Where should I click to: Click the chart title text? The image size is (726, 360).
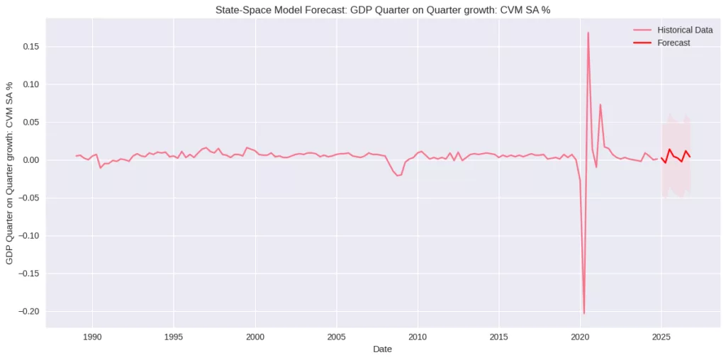pos(383,10)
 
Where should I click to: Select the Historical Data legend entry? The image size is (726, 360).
pos(684,30)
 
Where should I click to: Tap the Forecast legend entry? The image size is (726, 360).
pos(674,43)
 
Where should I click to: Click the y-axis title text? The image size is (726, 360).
pos(10,173)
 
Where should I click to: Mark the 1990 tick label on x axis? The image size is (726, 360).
pos(92,336)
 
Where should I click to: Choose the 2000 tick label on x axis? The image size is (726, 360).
pos(255,336)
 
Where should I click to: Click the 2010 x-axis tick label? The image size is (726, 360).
pos(418,336)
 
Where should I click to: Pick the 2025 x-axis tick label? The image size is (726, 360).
pos(661,336)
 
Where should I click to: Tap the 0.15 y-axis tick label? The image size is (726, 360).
pos(30,47)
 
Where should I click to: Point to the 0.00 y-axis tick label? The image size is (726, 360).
pos(30,160)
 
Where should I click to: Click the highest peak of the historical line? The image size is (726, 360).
pos(588,33)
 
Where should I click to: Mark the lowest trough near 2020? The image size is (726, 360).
pos(583,313)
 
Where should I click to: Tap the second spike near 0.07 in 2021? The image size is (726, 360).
pos(600,105)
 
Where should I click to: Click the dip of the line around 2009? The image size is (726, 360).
pos(398,175)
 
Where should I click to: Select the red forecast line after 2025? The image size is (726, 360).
pos(669,150)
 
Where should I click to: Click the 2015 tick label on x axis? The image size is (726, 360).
pos(499,336)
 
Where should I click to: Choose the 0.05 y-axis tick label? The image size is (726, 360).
pos(30,123)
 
